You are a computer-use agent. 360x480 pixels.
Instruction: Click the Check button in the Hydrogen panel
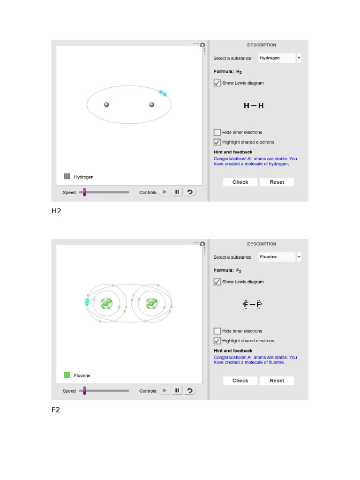(x=240, y=182)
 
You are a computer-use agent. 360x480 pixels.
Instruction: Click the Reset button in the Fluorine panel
(x=277, y=381)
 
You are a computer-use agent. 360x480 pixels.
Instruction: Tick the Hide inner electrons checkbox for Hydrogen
(x=217, y=132)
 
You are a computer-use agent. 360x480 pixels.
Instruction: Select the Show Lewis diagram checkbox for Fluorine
(x=217, y=282)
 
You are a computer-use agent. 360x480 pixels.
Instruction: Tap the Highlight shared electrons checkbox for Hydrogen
(x=217, y=142)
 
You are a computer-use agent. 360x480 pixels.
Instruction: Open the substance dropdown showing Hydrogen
(x=280, y=58)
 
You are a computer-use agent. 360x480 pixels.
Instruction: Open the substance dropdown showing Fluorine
(x=280, y=257)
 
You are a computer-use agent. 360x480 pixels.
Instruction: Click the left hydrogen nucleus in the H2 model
(x=106, y=105)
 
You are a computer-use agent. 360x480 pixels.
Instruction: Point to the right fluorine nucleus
(x=152, y=303)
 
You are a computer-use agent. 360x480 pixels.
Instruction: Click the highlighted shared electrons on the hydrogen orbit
(x=163, y=93)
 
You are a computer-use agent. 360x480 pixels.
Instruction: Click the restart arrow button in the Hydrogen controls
(x=190, y=192)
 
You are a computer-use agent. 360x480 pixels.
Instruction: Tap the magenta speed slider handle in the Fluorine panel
(x=84, y=390)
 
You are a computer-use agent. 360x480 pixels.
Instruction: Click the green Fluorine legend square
(x=67, y=375)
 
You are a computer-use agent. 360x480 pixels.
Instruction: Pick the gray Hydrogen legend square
(x=67, y=176)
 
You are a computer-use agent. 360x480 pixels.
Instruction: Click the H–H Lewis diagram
(x=254, y=106)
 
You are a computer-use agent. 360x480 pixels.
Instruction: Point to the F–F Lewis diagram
(x=253, y=304)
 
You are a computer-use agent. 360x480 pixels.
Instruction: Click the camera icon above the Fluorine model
(x=202, y=244)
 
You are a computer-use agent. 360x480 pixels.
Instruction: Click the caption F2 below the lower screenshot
(x=56, y=410)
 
